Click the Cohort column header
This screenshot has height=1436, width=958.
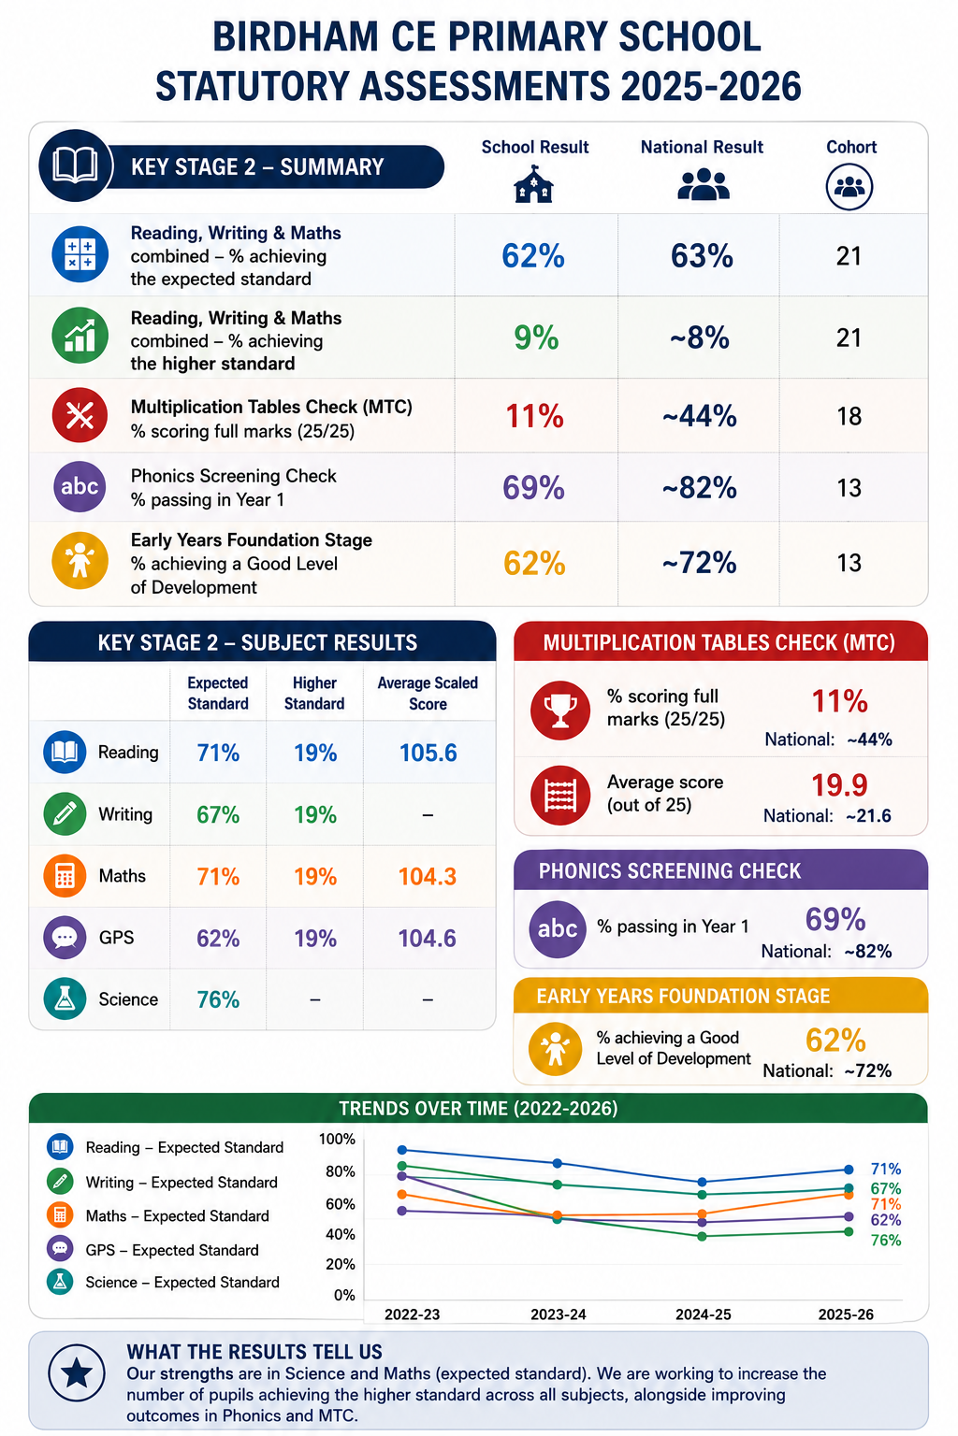pyautogui.click(x=850, y=147)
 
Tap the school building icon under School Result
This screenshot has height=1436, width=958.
pyautogui.click(x=533, y=184)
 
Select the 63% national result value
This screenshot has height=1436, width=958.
pyautogui.click(x=702, y=256)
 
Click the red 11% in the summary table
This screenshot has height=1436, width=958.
pyautogui.click(x=534, y=416)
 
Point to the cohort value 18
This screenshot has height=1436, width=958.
pyautogui.click(x=849, y=416)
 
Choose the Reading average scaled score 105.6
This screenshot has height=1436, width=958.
pyautogui.click(x=428, y=753)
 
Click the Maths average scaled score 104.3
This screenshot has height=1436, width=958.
pyautogui.click(x=428, y=876)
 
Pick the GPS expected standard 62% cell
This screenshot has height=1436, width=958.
pyautogui.click(x=218, y=939)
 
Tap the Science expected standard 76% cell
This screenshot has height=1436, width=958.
pyautogui.click(x=218, y=999)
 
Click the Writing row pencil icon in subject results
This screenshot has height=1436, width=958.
pyautogui.click(x=65, y=813)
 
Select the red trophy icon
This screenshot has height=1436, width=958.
pyautogui.click(x=559, y=711)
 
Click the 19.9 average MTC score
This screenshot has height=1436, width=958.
pyautogui.click(x=839, y=785)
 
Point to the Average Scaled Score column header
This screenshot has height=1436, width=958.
pyautogui.click(x=428, y=693)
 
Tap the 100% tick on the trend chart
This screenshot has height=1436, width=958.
pyautogui.click(x=337, y=1140)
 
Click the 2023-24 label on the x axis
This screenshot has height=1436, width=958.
pyautogui.click(x=559, y=1314)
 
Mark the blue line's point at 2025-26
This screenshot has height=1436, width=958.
pyautogui.click(x=849, y=1170)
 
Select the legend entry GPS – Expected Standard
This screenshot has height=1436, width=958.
pyautogui.click(x=172, y=1249)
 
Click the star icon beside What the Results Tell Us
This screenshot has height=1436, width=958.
pyautogui.click(x=77, y=1372)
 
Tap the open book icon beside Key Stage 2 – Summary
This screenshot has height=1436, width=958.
pyautogui.click(x=75, y=165)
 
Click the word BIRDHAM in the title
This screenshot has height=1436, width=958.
pyautogui.click(x=295, y=36)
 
